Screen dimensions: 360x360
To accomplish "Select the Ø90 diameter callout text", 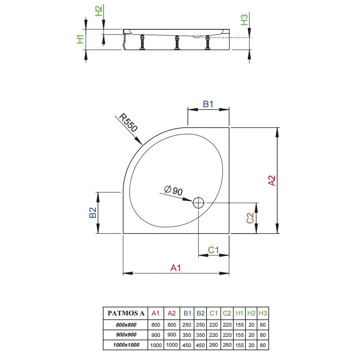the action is (x=174, y=190).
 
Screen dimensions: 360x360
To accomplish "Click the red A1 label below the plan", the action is (x=176, y=268).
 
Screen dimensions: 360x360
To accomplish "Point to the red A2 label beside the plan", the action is (x=271, y=180).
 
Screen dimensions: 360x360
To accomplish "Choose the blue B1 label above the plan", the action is (x=208, y=104).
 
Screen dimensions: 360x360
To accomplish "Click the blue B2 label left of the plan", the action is (x=93, y=212).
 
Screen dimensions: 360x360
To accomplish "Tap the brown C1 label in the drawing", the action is (x=213, y=250).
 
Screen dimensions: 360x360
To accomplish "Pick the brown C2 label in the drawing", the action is (x=250, y=218).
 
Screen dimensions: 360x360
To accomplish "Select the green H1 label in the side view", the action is (x=80, y=39).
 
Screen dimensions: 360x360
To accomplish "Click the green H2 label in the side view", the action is (x=98, y=11).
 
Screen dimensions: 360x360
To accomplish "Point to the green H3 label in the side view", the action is (x=244, y=20).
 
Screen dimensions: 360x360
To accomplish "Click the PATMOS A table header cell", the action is (x=126, y=313).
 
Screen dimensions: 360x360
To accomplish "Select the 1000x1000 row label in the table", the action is (x=126, y=345).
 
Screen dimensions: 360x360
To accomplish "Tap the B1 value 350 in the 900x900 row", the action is (x=186, y=335).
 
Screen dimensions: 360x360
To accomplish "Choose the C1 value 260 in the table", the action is (x=213, y=345).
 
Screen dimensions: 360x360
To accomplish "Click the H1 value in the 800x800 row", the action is (x=239, y=325).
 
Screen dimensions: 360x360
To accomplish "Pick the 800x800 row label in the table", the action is (x=126, y=325).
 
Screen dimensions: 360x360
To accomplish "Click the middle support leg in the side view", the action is (x=177, y=42).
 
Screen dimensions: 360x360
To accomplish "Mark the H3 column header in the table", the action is (x=263, y=313).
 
